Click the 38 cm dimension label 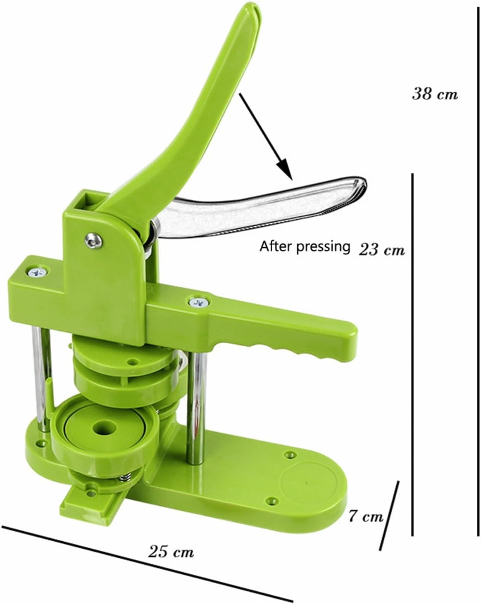(435, 94)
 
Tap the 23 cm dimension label (381, 249)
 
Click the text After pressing (305, 246)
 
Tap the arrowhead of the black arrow (286, 169)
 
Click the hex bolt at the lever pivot (93, 240)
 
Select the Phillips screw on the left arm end (37, 272)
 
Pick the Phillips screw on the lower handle (199, 302)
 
